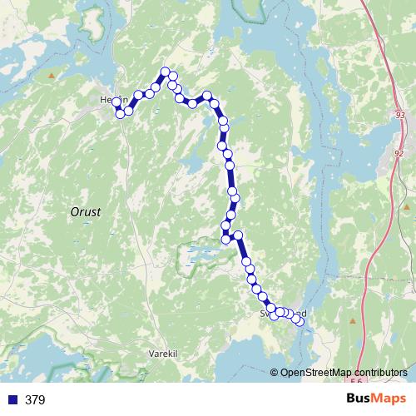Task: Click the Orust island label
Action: (85, 212)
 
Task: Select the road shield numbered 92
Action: (399, 153)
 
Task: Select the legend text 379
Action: (35, 400)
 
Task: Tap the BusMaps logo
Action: (376, 399)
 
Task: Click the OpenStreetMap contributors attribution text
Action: (344, 373)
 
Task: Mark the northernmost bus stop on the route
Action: (166, 72)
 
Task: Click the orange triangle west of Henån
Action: (52, 76)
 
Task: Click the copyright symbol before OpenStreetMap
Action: (275, 373)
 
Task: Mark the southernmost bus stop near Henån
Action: (121, 114)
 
